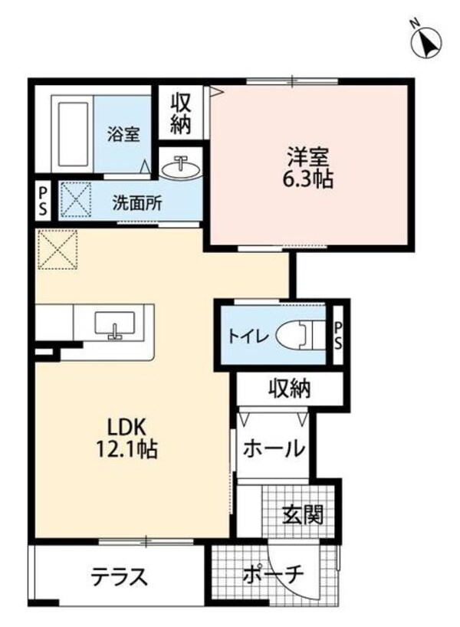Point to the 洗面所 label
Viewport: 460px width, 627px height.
pos(137,204)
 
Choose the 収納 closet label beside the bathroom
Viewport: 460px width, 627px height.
pos(181,113)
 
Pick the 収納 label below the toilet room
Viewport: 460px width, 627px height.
pos(289,389)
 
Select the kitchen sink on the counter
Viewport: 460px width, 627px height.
pos(115,324)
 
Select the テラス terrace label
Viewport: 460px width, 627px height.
pos(119,575)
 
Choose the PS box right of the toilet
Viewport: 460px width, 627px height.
pos(338,335)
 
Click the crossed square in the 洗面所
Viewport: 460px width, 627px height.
pos(76,199)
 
